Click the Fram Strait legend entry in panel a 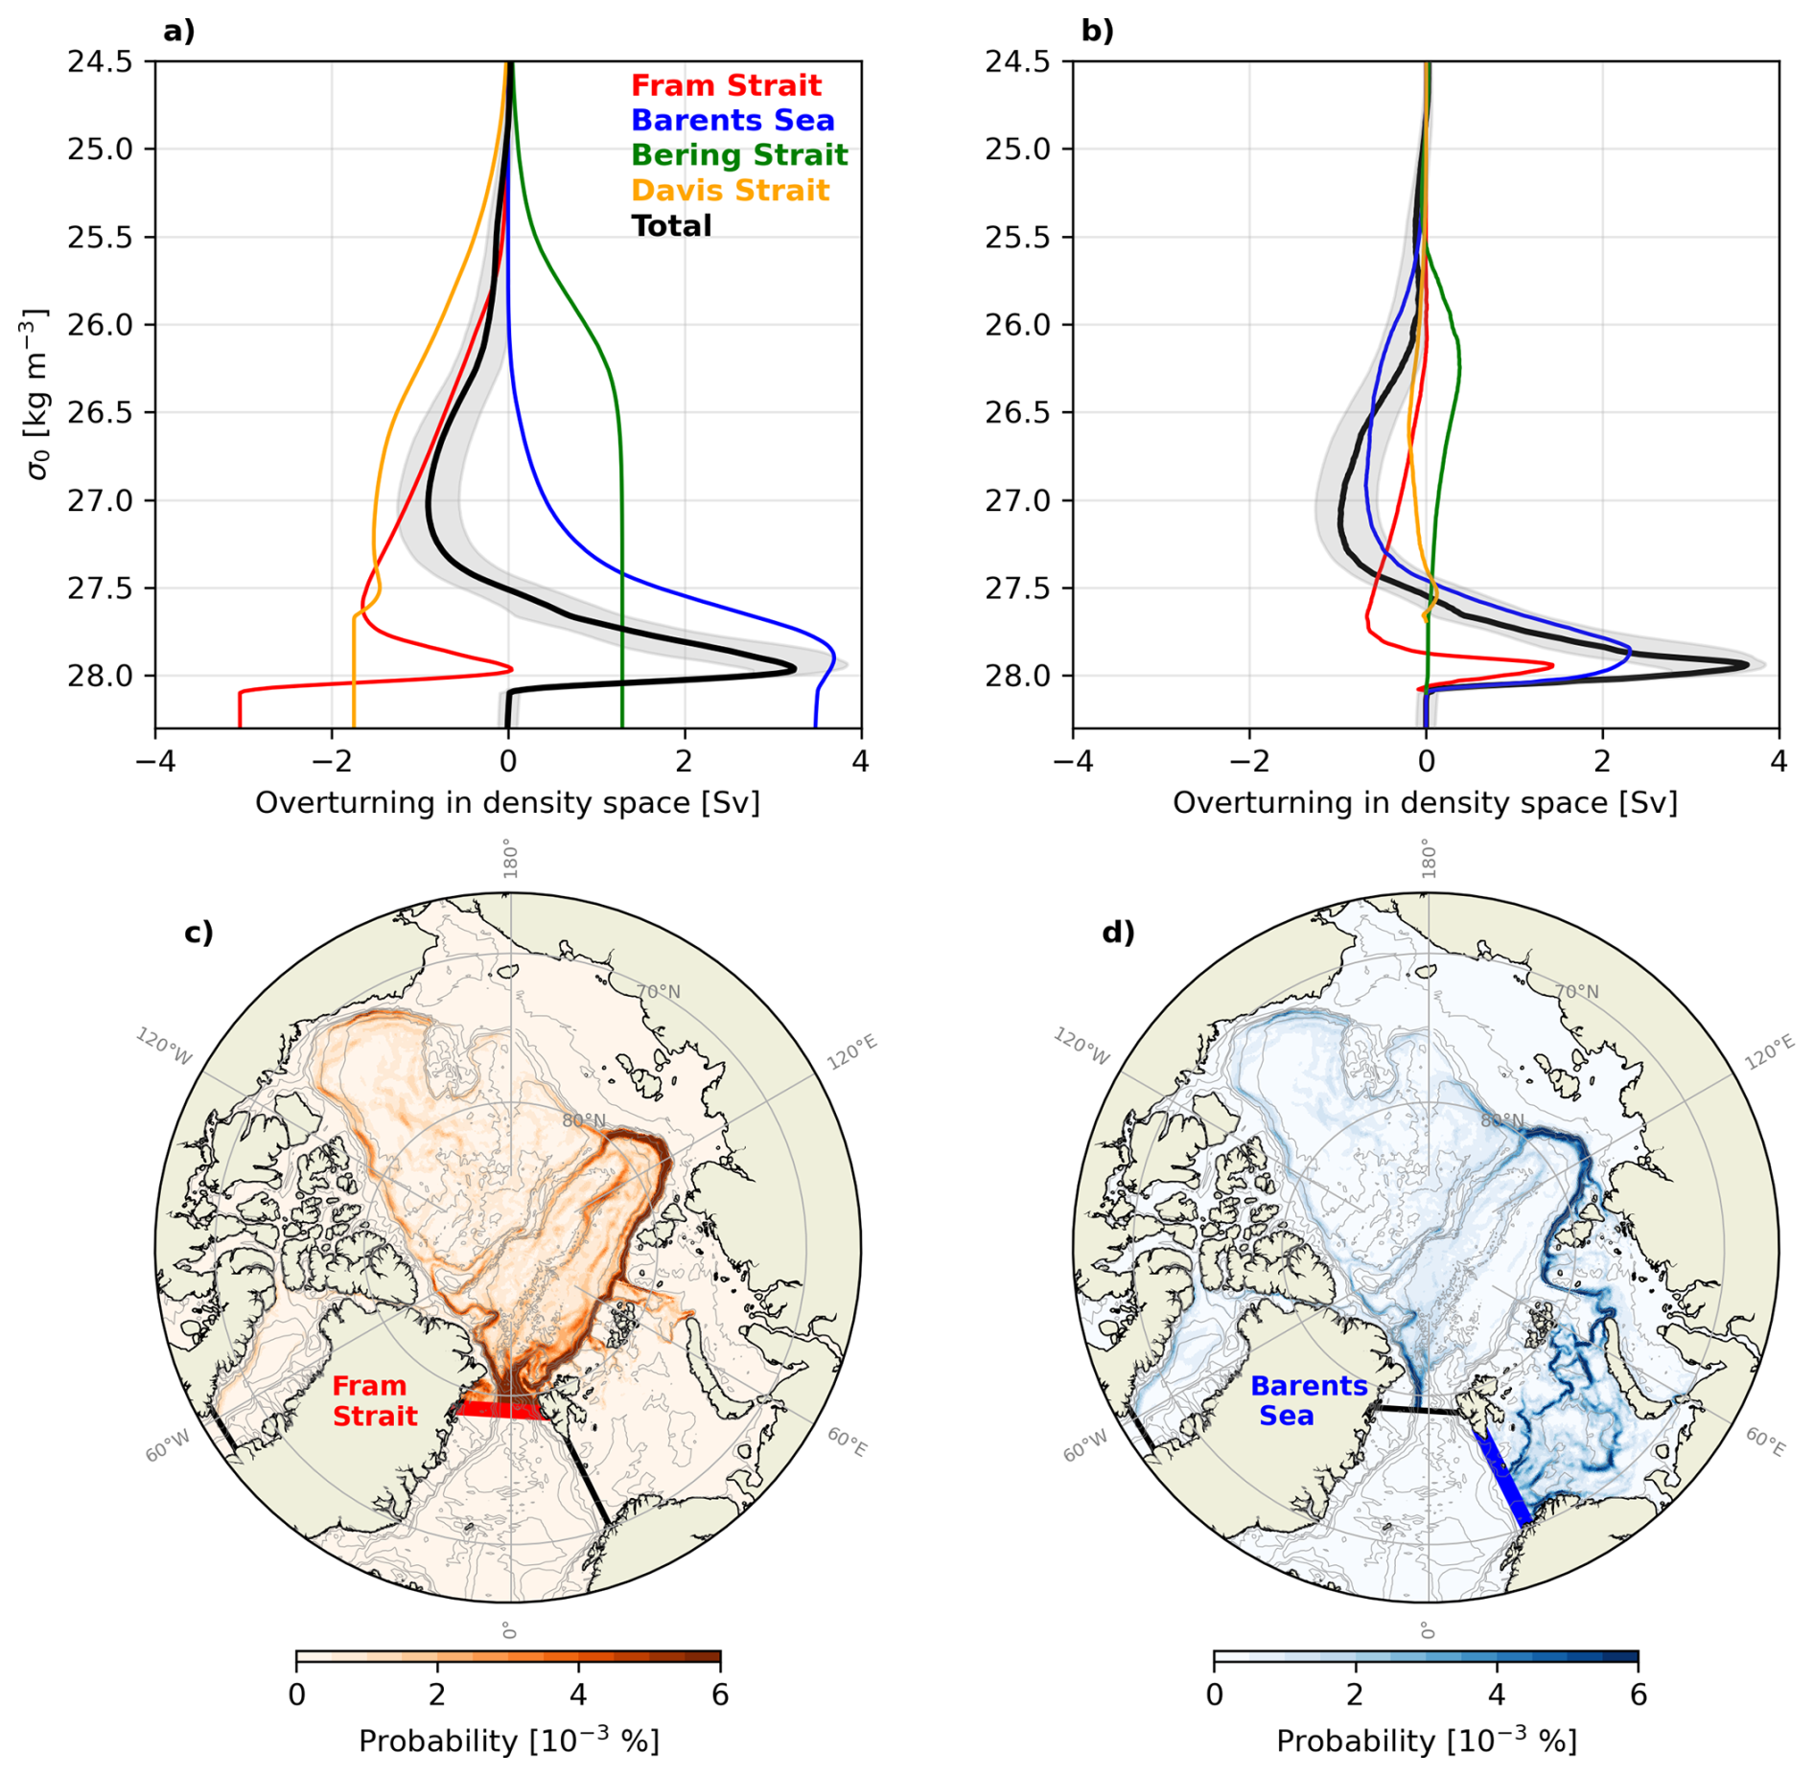(x=725, y=85)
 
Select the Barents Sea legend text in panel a (x=732, y=121)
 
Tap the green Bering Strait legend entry (x=738, y=155)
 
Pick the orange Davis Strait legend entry (x=729, y=191)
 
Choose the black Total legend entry (x=670, y=226)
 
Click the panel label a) (x=178, y=32)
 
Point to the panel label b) (x=1096, y=32)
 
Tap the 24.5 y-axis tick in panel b (x=1018, y=61)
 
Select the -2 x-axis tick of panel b (x=1248, y=761)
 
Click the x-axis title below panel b (x=1424, y=803)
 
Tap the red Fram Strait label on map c (x=374, y=1400)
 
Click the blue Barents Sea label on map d (x=1308, y=1400)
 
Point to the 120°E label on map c (x=851, y=1051)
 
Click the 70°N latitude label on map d (x=1575, y=991)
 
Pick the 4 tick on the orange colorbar (x=578, y=1695)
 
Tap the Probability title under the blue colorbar (x=1426, y=1741)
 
